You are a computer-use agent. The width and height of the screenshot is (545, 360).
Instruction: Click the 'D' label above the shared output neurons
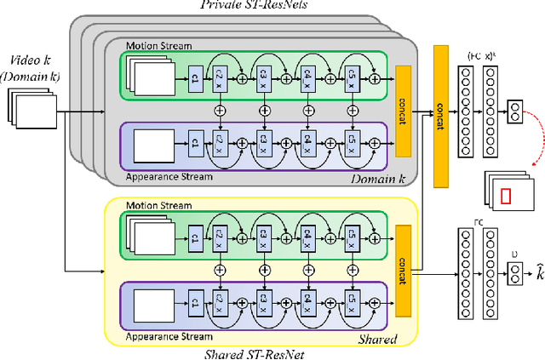pos(511,253)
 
